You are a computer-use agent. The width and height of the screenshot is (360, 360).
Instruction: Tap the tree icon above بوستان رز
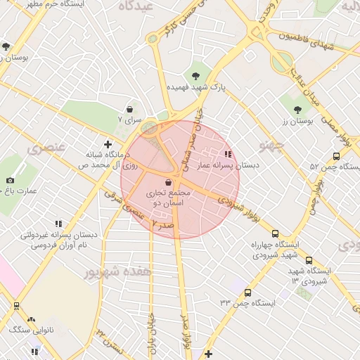point(297,109)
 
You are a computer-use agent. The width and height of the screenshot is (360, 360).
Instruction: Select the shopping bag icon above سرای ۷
point(130,109)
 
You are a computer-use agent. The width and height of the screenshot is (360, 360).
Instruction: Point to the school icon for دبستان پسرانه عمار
point(227,154)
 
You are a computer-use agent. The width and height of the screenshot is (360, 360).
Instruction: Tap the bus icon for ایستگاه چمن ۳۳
point(247,292)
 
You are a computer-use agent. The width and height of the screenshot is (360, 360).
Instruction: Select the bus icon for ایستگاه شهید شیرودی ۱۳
point(309,260)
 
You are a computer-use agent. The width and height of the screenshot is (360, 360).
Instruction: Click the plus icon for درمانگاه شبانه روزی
point(107,143)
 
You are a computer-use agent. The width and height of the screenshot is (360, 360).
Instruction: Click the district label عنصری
point(46,148)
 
